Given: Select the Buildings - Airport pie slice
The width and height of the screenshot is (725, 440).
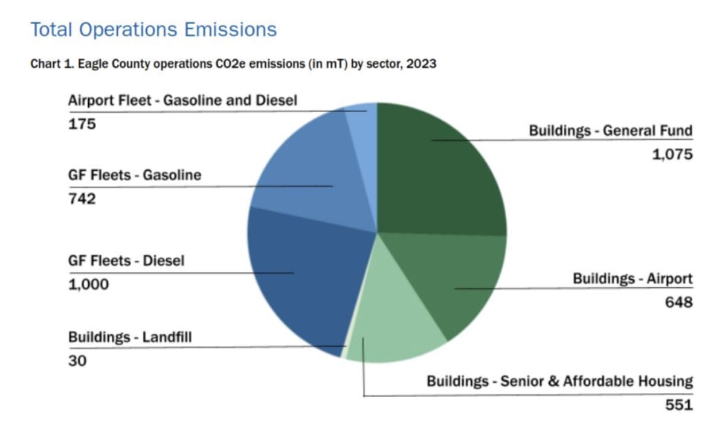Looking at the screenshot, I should point(465,278).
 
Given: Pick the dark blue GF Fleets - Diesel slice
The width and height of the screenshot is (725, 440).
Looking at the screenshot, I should point(302,272).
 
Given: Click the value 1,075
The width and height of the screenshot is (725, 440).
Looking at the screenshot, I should point(672,155).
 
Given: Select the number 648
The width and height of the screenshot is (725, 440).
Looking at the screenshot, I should point(678,301).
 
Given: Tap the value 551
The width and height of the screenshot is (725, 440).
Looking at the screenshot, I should point(678,405).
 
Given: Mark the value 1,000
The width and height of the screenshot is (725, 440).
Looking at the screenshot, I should point(89,284).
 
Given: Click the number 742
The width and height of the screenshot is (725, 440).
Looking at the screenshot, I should point(82,199).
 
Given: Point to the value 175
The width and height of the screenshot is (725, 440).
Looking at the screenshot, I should point(82,124).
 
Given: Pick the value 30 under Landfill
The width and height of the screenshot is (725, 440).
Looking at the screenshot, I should point(77,361).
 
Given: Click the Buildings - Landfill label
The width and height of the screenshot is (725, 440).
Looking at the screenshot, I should point(130,337).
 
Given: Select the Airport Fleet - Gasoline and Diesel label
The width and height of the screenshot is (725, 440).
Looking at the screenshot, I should point(182,100).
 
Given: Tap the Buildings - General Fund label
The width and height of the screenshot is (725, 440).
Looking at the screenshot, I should point(611,130).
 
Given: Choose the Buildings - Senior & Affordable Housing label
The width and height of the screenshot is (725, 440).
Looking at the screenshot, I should point(559,381).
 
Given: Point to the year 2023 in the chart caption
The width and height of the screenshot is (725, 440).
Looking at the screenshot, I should point(420,64).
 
